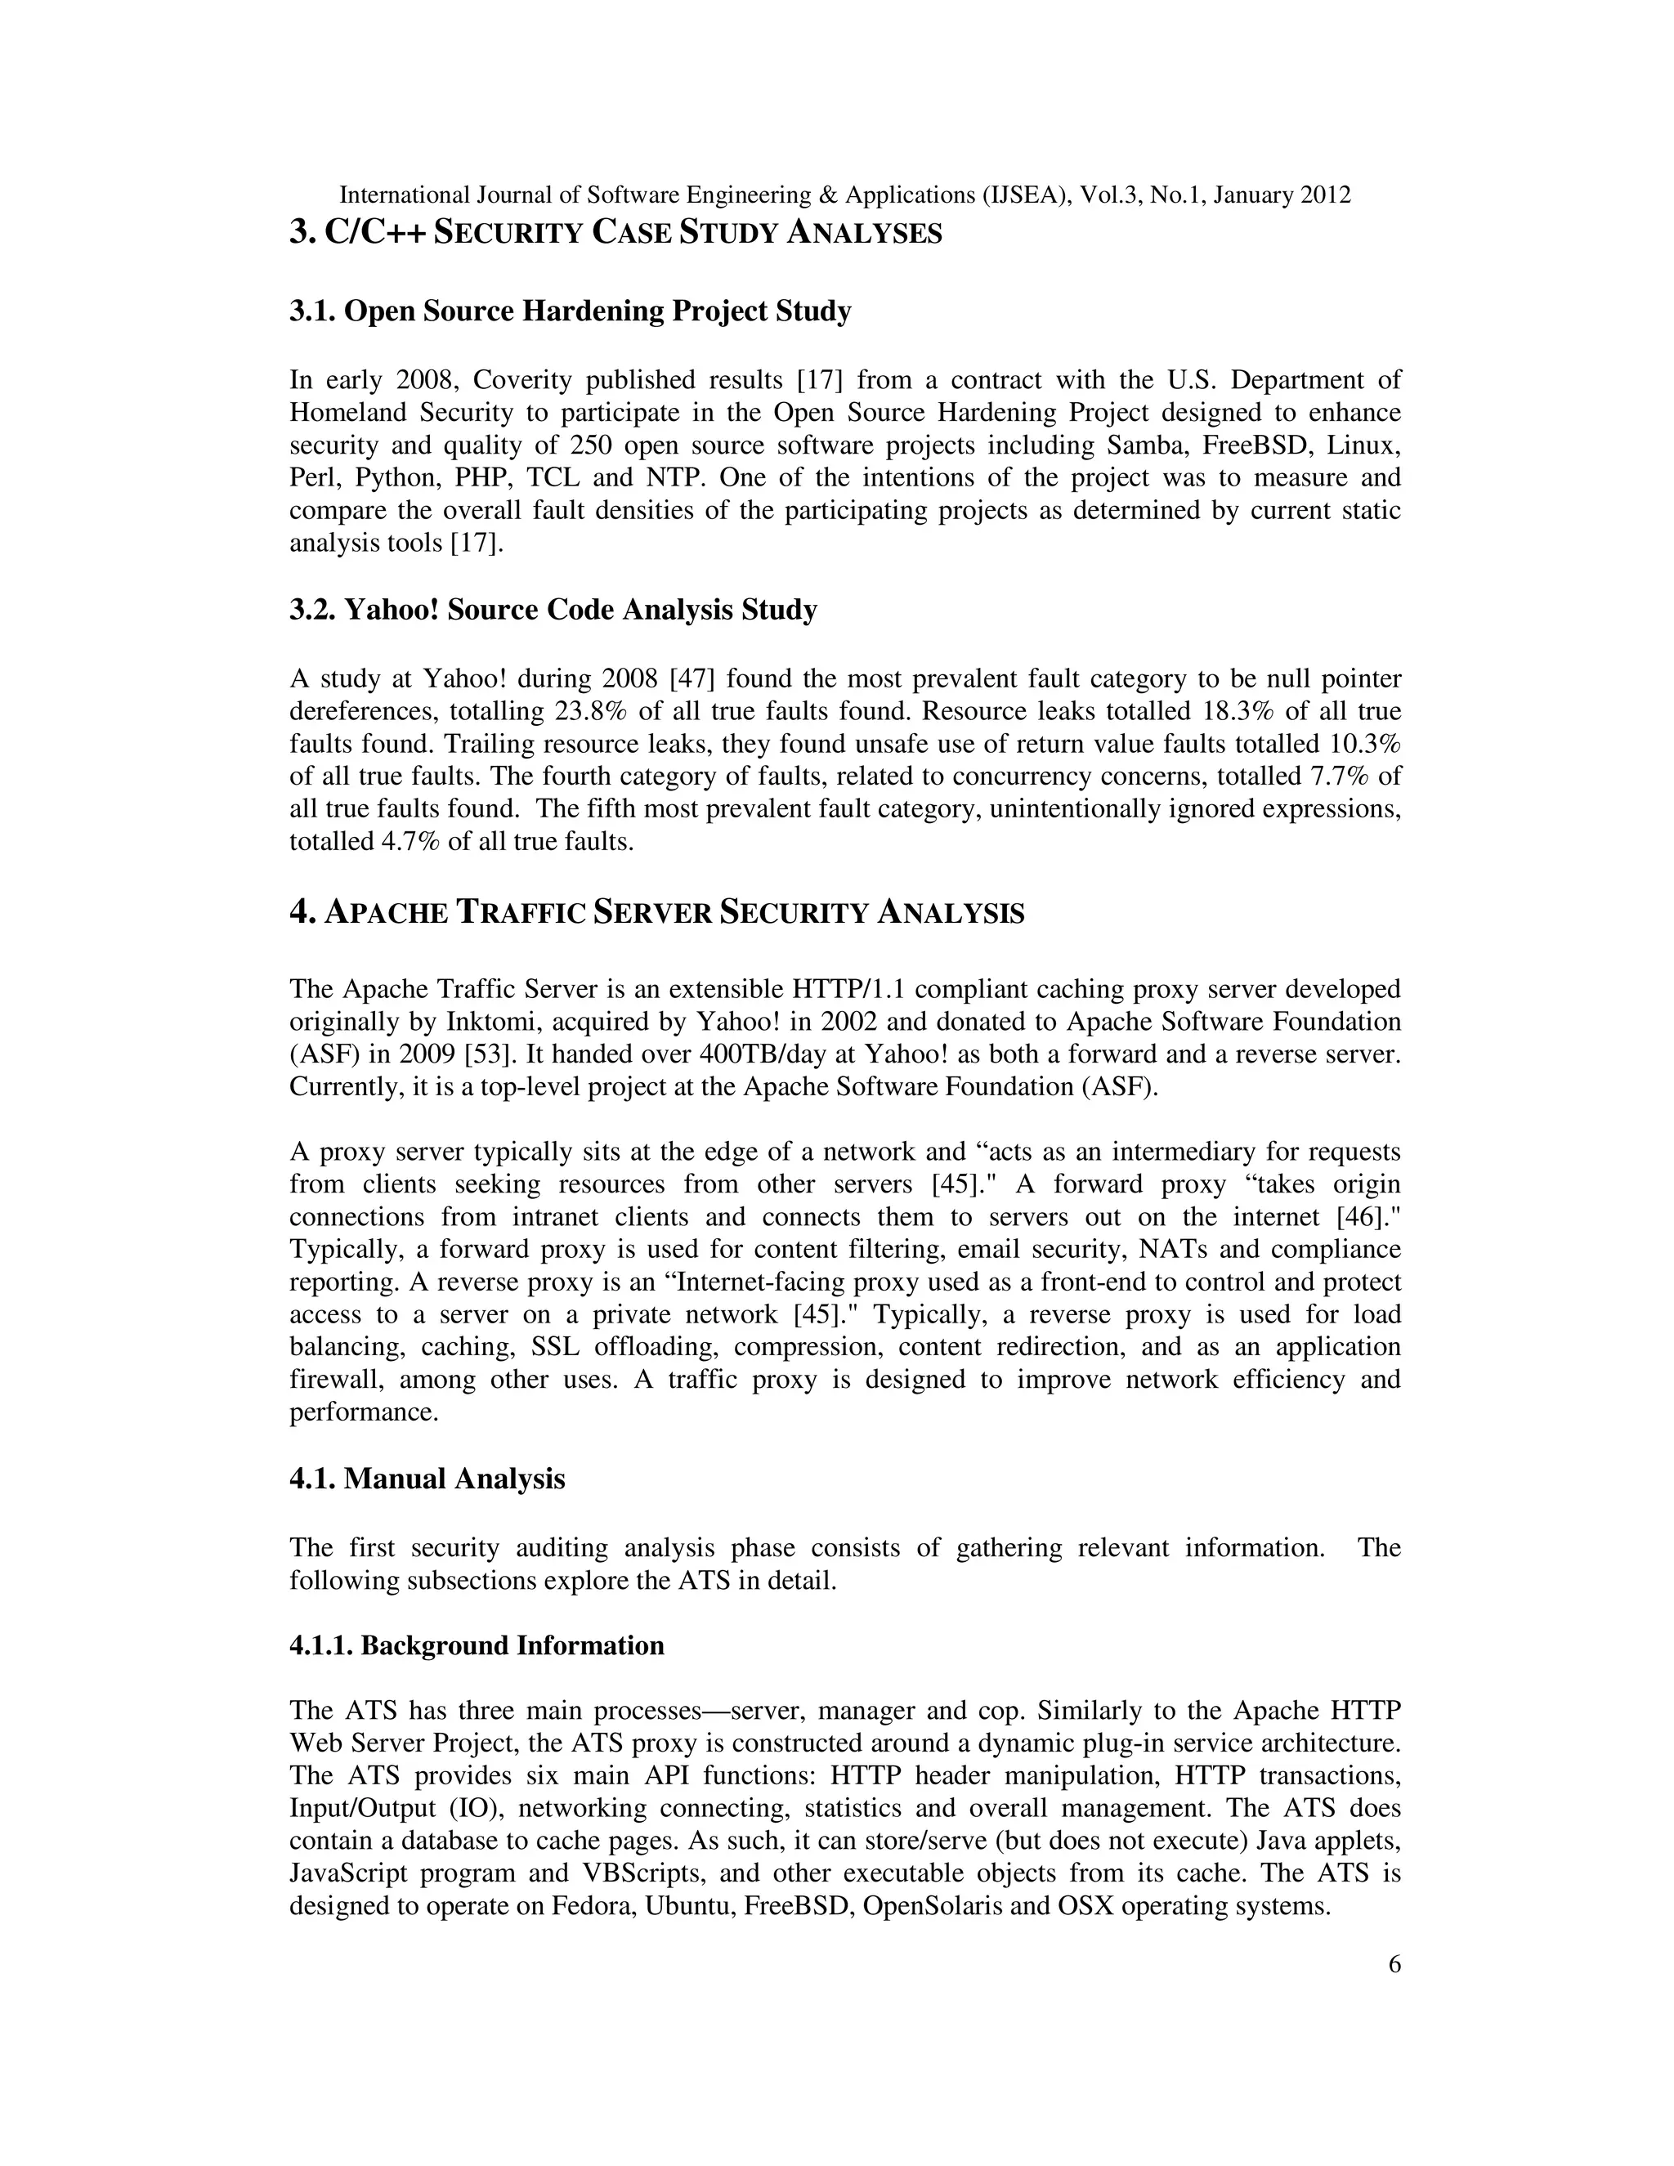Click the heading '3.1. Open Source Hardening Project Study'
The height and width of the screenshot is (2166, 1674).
(x=571, y=311)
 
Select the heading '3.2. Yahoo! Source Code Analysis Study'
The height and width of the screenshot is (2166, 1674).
(x=553, y=609)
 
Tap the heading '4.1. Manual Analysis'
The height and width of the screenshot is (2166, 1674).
(x=427, y=1479)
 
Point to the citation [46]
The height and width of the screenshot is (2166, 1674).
(x=1368, y=1217)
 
